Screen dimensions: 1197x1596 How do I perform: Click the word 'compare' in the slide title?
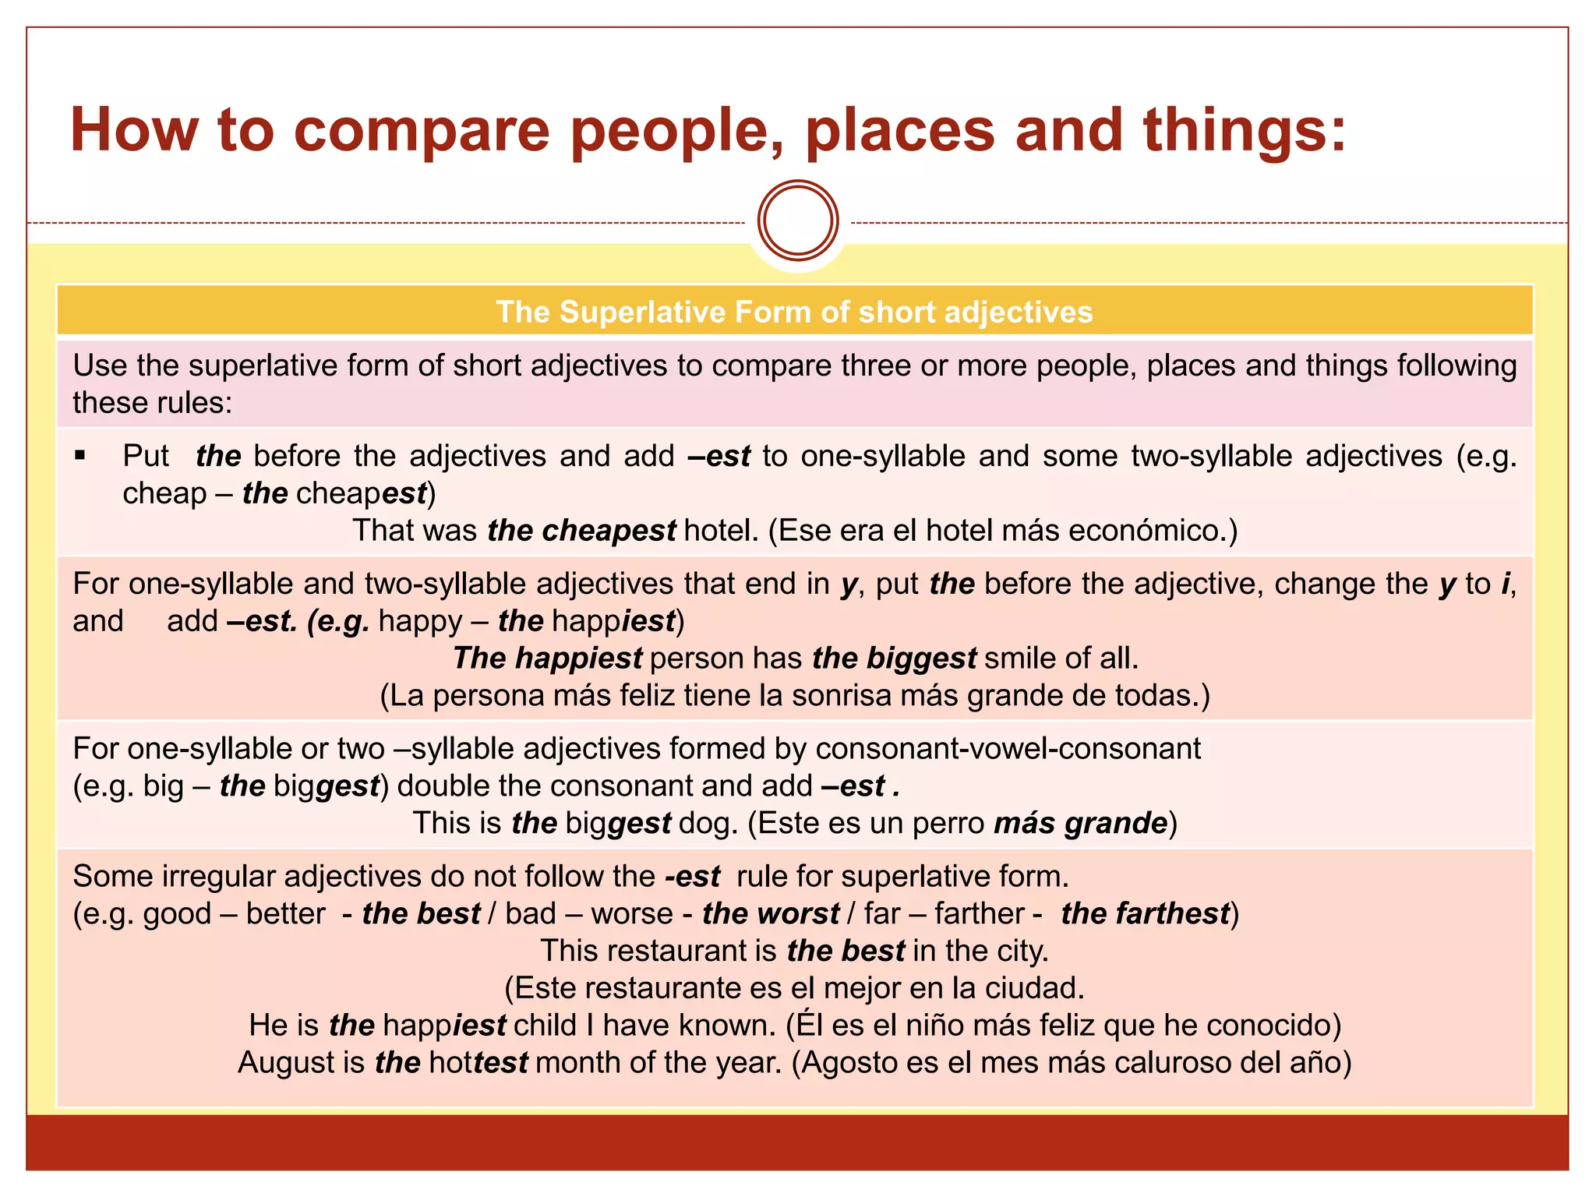[x=422, y=131]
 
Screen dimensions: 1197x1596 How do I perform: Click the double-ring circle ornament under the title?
[x=798, y=221]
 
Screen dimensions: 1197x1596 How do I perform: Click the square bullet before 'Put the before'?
[x=79, y=455]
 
